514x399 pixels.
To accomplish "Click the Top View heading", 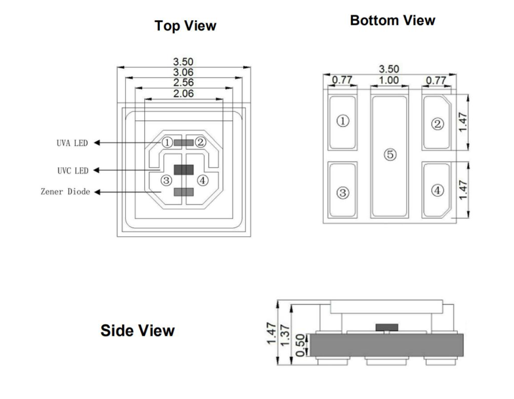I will (x=185, y=25).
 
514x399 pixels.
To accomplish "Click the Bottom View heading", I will (x=392, y=20).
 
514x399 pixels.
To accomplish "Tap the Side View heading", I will (x=137, y=331).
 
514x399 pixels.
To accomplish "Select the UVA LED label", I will (x=72, y=142).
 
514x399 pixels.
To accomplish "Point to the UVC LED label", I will (x=72, y=170).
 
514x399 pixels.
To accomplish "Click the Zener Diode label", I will (x=65, y=192).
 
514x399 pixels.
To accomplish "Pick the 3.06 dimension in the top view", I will (x=183, y=72).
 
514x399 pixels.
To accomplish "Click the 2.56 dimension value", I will (x=183, y=82).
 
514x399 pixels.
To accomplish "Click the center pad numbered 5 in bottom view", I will (x=390, y=155).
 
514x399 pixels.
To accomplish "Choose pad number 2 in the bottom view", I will (x=438, y=123).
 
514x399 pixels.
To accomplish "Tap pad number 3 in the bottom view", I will (x=343, y=193).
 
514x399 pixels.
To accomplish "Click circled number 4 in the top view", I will (x=202, y=180).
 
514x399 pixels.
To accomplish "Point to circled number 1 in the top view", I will (x=167, y=142).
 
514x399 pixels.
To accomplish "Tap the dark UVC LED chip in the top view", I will (x=184, y=170).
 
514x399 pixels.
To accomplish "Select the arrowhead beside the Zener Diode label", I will (x=98, y=192).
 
